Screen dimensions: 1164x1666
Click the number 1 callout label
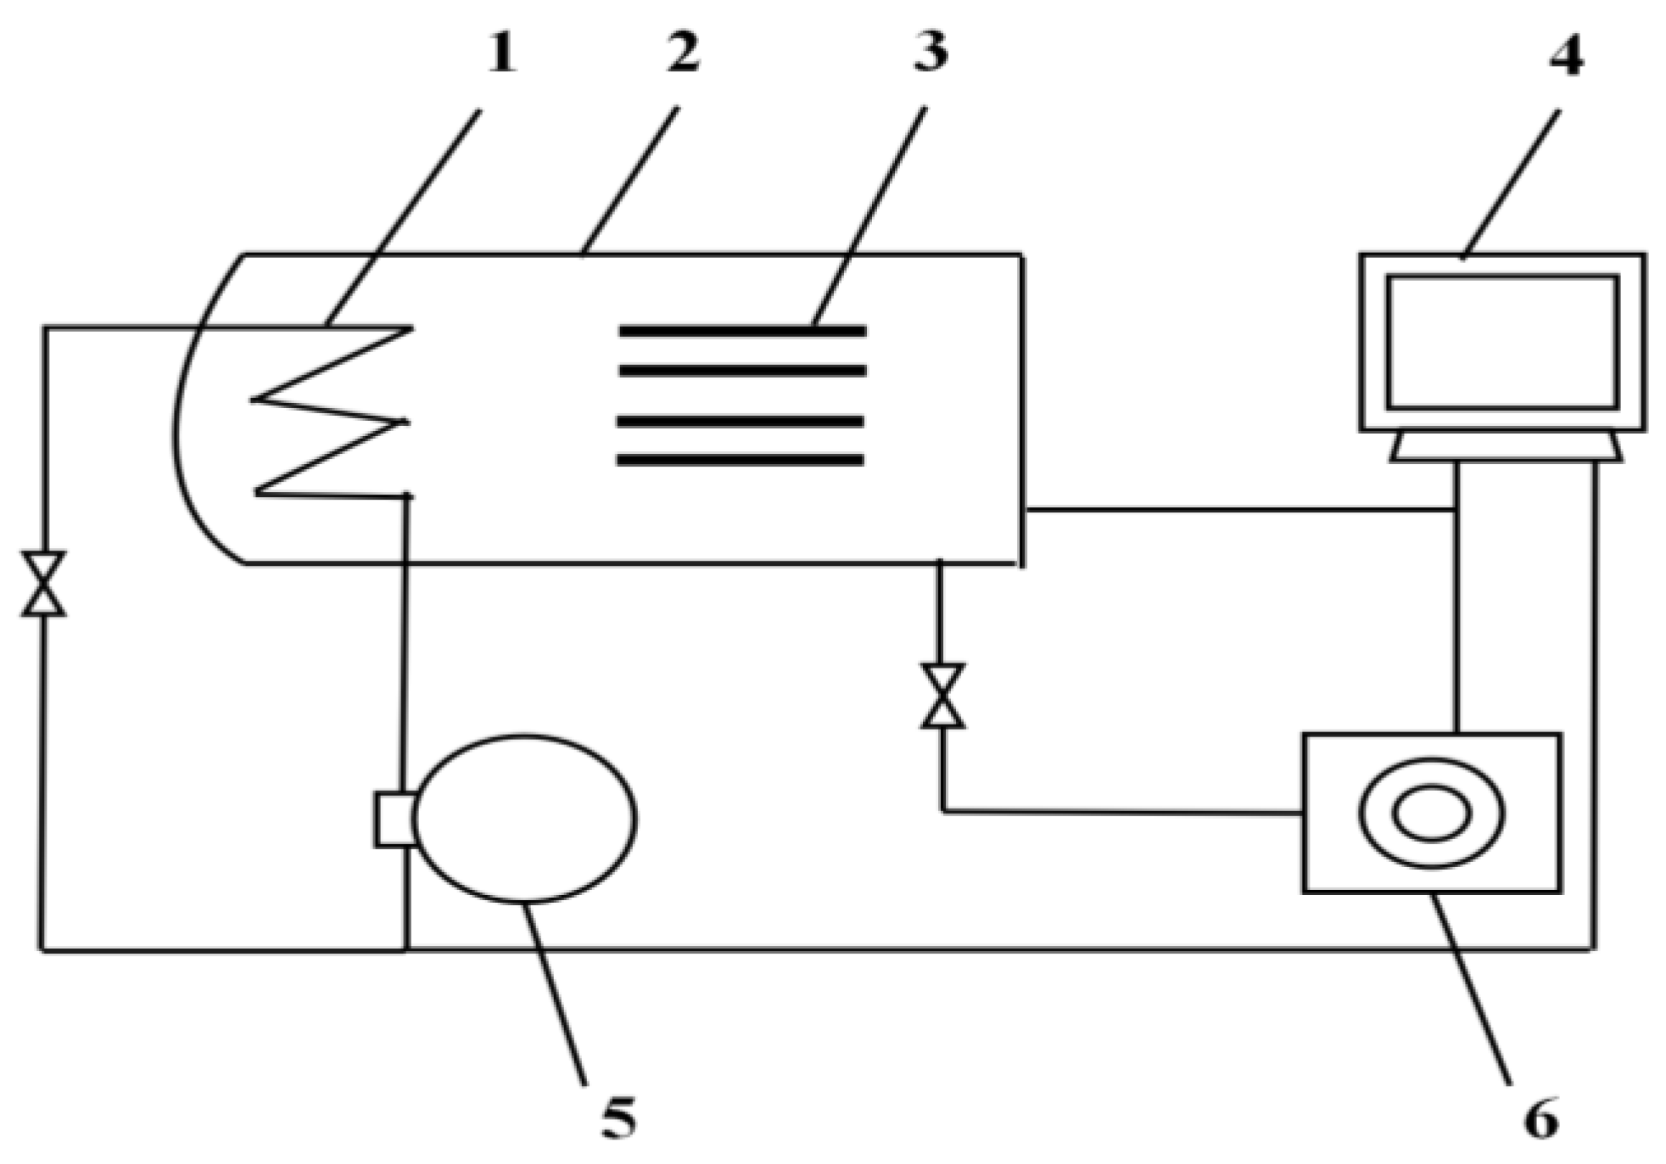[500, 55]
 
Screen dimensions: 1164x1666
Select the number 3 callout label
[930, 53]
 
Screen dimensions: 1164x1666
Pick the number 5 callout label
[618, 1117]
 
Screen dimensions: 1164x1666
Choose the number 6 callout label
[1541, 1119]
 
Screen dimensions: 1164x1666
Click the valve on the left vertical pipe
[43, 584]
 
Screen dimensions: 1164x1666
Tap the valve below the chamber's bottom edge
[942, 696]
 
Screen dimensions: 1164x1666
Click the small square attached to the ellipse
[394, 820]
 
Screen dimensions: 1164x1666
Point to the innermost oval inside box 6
[1432, 813]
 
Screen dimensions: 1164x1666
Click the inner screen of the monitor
[1502, 342]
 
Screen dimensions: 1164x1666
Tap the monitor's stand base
[1506, 447]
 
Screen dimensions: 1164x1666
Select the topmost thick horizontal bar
[742, 331]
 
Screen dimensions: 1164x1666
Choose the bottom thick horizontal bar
[740, 461]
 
